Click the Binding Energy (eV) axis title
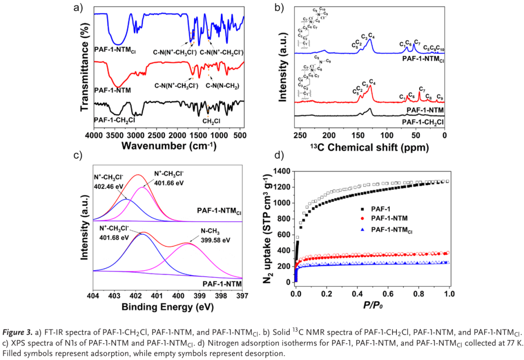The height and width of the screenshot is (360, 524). (168, 308)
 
